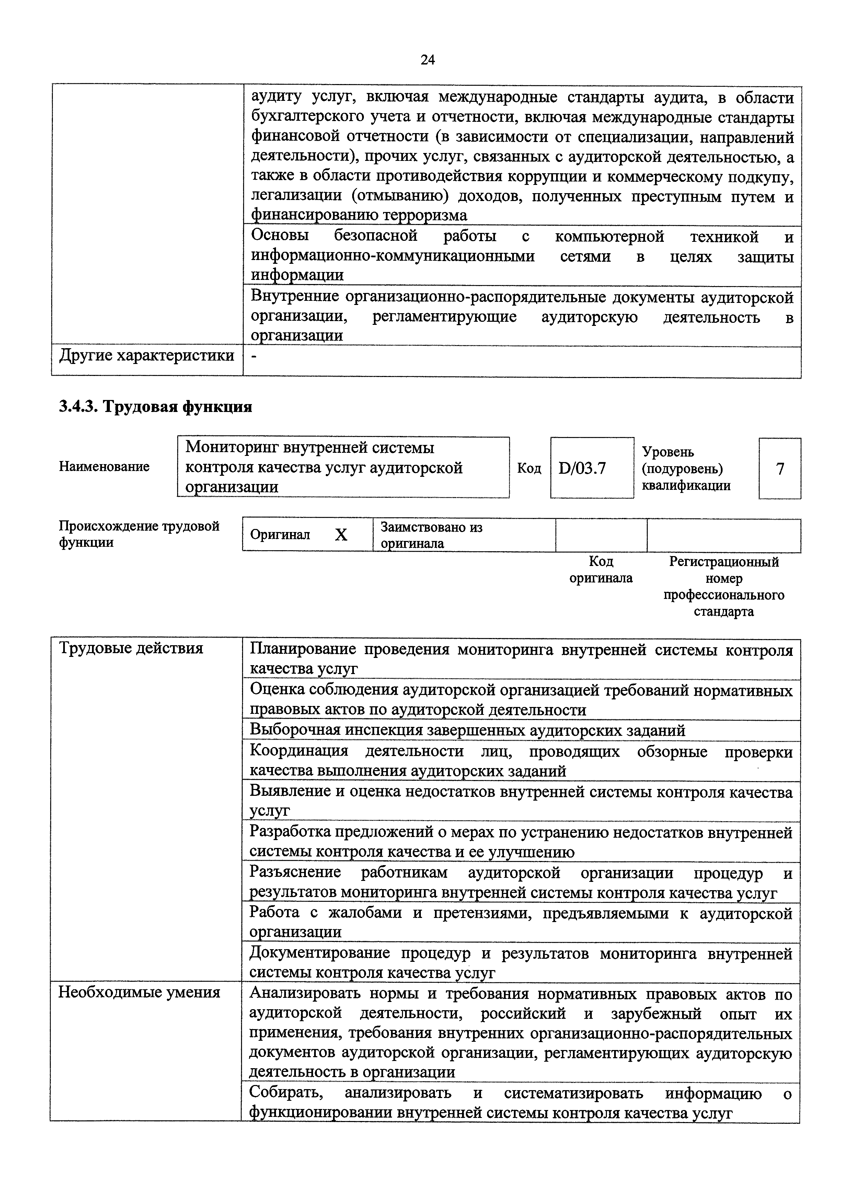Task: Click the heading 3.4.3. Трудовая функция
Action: tap(155, 407)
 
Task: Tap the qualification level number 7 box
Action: tap(780, 469)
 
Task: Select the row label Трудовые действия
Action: tap(131, 648)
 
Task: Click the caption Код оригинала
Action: tap(601, 570)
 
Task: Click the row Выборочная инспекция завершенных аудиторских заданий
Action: tap(468, 730)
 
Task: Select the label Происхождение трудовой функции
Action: tap(139, 534)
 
